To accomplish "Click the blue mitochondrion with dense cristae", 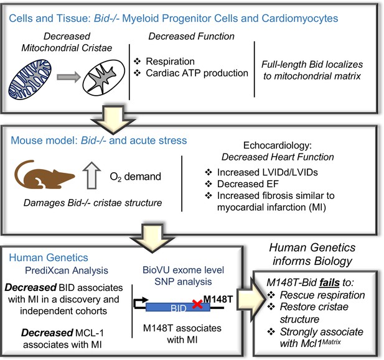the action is tap(30, 80).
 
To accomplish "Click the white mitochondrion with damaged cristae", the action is tap(104, 77).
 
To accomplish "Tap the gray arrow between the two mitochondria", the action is tap(68, 77).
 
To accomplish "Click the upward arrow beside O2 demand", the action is tap(91, 175).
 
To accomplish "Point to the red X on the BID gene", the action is tap(197, 304).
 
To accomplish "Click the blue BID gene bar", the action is tap(178, 307).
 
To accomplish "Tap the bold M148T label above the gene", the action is tap(218, 299).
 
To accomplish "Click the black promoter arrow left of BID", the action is tap(140, 303).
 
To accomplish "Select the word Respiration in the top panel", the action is tap(170, 61).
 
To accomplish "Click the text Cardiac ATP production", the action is tap(197, 73).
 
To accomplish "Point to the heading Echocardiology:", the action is tap(278, 145).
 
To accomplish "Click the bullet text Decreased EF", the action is tap(248, 184).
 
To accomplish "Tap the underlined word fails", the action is tap(329, 282).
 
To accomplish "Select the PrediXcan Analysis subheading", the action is tap(67, 270).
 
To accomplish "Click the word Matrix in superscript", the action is tap(331, 341).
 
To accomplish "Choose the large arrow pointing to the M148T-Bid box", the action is tap(251, 298).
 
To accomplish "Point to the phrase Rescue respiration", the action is tap(322, 295).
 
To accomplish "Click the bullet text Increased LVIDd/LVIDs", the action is tap(268, 172).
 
